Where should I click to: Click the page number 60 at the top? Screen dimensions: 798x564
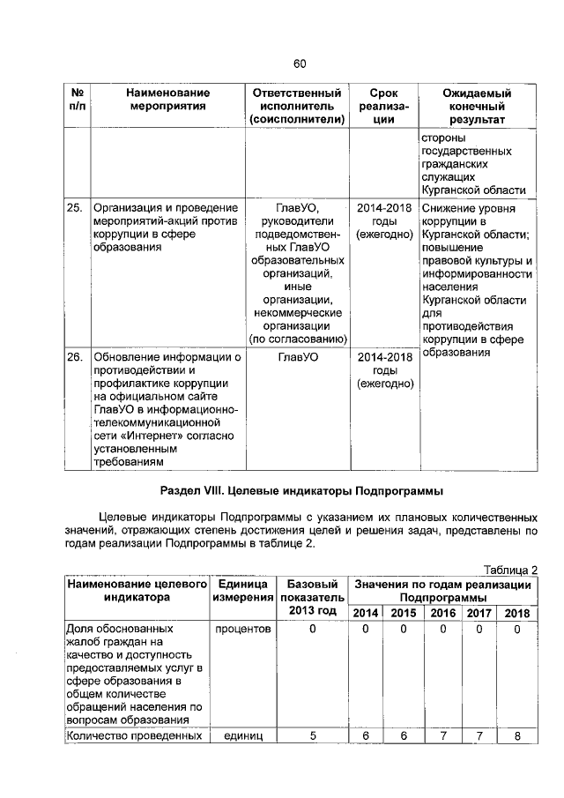[299, 63]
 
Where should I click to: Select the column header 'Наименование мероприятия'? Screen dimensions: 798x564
[167, 100]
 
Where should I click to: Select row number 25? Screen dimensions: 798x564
[75, 209]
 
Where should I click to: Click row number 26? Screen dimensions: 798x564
[75, 357]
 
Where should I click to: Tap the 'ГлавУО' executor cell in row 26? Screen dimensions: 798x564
[297, 357]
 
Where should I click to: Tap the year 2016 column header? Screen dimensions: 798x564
[442, 613]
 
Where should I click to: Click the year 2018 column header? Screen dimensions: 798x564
[517, 613]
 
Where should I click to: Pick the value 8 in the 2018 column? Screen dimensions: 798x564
[517, 736]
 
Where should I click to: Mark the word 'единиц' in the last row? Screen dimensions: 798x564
[242, 736]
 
